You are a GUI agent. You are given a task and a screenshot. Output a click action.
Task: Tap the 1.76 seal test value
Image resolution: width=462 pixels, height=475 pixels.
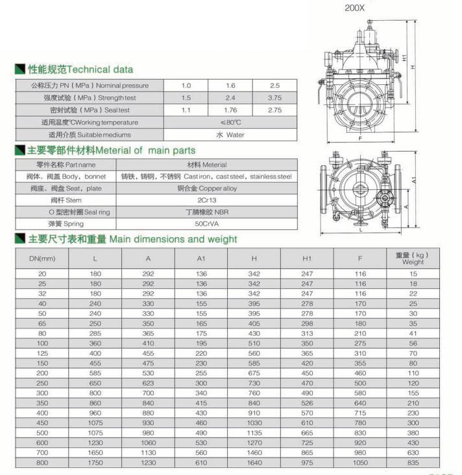pos(230,110)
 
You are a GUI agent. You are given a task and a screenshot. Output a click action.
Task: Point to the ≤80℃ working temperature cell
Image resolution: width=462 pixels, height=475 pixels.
pos(230,122)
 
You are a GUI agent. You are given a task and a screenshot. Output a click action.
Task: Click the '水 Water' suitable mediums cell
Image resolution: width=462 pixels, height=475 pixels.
pos(230,135)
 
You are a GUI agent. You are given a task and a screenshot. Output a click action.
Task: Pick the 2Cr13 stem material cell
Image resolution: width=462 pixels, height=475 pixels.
pos(206,201)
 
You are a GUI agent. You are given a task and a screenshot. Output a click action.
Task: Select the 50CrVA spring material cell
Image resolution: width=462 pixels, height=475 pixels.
pos(206,224)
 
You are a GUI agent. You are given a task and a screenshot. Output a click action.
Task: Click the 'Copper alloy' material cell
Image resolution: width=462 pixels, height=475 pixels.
pos(206,189)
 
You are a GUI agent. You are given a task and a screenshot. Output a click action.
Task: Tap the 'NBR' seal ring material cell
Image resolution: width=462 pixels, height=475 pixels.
pos(206,213)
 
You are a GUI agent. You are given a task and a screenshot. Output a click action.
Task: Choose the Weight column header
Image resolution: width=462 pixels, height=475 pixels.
pos(413,259)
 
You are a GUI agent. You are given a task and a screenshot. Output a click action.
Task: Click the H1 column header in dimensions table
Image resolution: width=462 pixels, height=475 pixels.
pos(307,259)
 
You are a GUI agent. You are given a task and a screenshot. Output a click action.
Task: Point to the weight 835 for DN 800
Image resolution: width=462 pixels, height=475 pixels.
pos(413,463)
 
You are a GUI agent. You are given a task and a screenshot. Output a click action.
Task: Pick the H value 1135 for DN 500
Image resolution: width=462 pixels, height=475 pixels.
pos(254,432)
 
